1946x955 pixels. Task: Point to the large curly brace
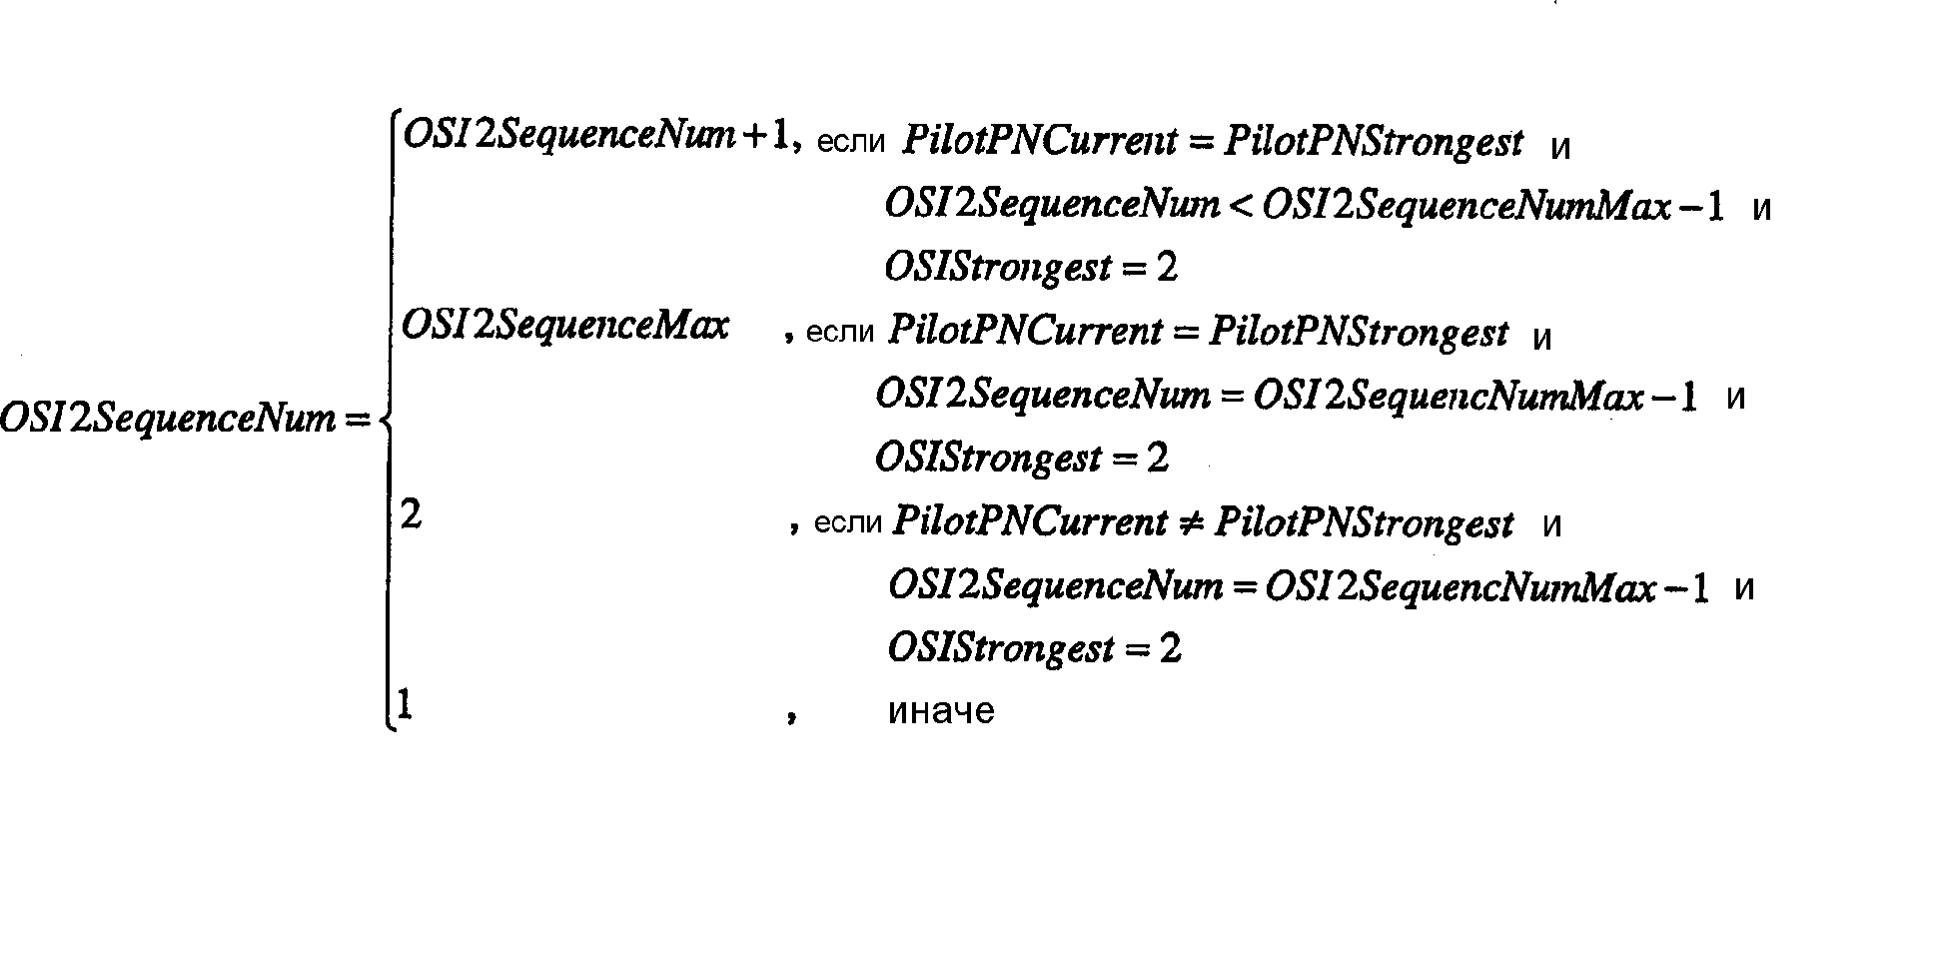(388, 421)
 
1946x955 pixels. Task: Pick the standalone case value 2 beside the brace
(411, 515)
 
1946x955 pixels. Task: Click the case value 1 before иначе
(405, 705)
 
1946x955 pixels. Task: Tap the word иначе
(941, 711)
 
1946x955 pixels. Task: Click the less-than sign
(1241, 205)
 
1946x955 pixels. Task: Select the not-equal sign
(1190, 522)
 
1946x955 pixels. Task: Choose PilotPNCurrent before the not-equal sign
(1030, 522)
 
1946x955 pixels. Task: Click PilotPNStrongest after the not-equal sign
(1364, 522)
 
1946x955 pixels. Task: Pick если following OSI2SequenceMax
(839, 333)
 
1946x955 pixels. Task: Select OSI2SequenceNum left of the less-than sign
(1052, 206)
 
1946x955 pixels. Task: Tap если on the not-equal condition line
(848, 524)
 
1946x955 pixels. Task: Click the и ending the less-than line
(1762, 210)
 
